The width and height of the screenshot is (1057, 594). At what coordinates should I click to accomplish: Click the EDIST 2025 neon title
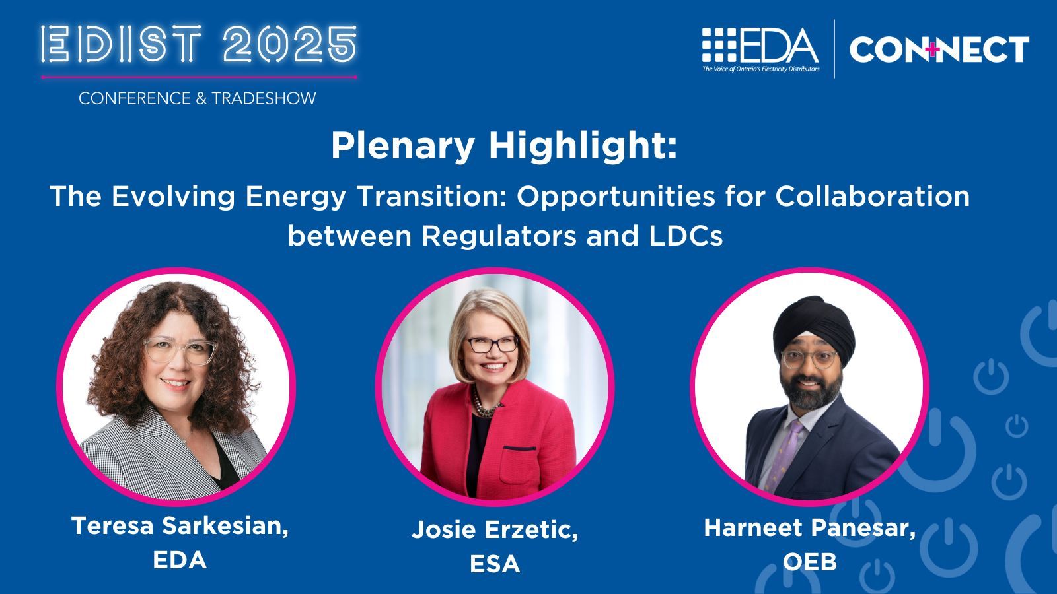(199, 46)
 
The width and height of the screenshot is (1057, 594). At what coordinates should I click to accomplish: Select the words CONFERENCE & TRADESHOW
(198, 98)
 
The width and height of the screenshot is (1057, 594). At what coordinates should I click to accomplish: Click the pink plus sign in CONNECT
(932, 49)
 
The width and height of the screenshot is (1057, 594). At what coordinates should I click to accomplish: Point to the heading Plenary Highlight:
(504, 146)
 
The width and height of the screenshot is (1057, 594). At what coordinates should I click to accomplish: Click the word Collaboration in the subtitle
(872, 196)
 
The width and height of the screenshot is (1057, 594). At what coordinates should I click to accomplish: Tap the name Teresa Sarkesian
(180, 525)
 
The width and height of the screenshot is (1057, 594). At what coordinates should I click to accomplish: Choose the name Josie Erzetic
(495, 529)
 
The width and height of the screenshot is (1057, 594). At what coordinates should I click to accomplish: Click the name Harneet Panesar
(810, 527)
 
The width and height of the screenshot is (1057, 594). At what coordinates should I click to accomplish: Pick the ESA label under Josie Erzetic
(495, 564)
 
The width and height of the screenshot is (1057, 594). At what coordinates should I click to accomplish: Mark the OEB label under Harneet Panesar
(810, 562)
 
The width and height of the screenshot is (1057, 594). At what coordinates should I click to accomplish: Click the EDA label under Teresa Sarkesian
(180, 560)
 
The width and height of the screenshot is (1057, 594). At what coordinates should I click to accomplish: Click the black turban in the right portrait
(813, 323)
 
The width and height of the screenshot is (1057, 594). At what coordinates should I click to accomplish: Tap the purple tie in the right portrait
(786, 455)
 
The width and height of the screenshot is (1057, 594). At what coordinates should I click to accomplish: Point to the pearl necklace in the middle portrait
(484, 403)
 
